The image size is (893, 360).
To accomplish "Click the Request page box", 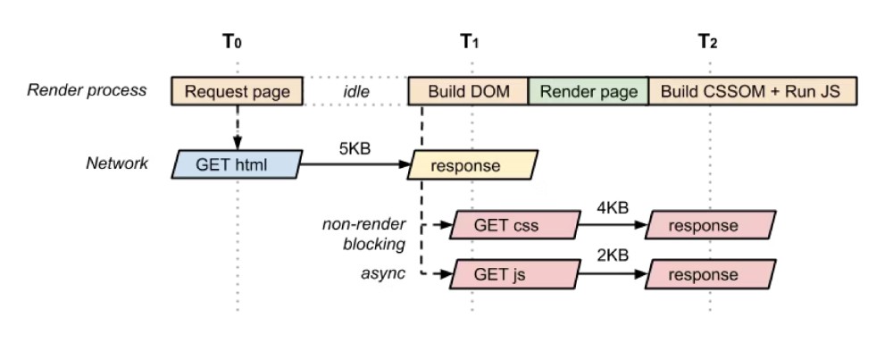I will pyautogui.click(x=237, y=91).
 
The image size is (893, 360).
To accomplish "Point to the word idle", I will pyautogui.click(x=356, y=91).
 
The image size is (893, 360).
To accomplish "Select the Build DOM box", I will pyautogui.click(x=468, y=91).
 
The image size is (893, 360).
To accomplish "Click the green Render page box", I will pyautogui.click(x=588, y=91).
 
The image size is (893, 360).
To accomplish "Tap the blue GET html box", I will pyautogui.click(x=237, y=164).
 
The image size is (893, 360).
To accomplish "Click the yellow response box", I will pyautogui.click(x=473, y=164).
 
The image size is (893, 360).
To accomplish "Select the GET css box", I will pyautogui.click(x=513, y=225).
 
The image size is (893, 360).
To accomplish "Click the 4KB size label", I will pyautogui.click(x=612, y=208).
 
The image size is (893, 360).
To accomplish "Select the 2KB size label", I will pyautogui.click(x=612, y=256).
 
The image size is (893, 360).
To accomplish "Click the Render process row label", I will pyautogui.click(x=87, y=90).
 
